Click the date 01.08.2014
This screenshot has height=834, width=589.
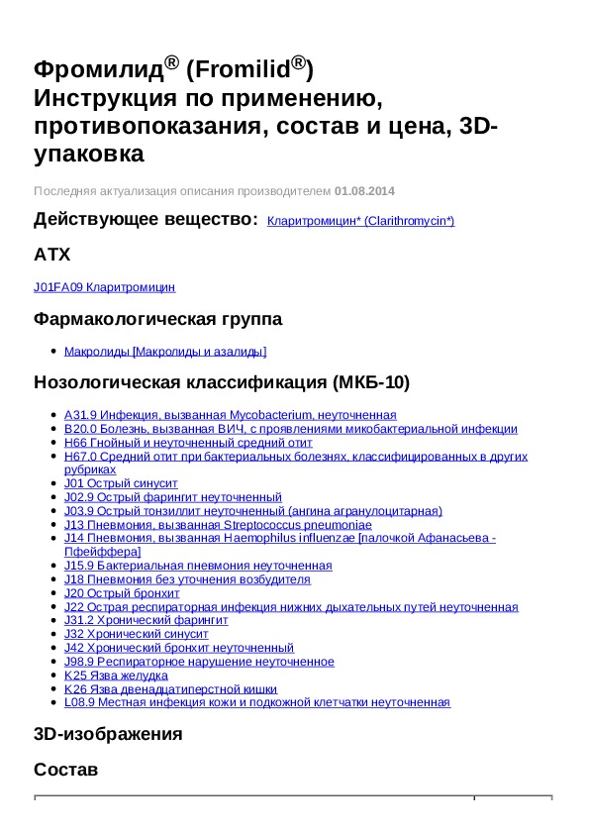pos(364,191)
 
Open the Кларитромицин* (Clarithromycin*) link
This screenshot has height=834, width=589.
pos(360,221)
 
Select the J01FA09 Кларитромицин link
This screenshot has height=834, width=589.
pos(104,287)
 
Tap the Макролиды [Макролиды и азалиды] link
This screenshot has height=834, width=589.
pos(165,352)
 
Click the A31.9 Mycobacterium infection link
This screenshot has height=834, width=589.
pos(230,415)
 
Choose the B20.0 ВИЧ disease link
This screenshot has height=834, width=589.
pos(290,429)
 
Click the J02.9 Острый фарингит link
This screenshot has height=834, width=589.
pos(172,497)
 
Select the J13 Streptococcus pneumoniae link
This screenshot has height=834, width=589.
pos(218,525)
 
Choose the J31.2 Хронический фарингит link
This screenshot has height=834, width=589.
pos(146,620)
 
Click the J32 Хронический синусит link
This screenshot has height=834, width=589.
pos(136,634)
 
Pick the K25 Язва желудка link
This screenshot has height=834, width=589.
pos(116,676)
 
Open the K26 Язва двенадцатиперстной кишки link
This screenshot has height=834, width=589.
pos(170,688)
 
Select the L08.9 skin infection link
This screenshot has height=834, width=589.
pos(256,702)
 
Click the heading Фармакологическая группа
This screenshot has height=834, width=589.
pos(157,320)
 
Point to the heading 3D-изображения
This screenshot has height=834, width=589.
pos(108,734)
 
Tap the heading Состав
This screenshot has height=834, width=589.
pos(65,770)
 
